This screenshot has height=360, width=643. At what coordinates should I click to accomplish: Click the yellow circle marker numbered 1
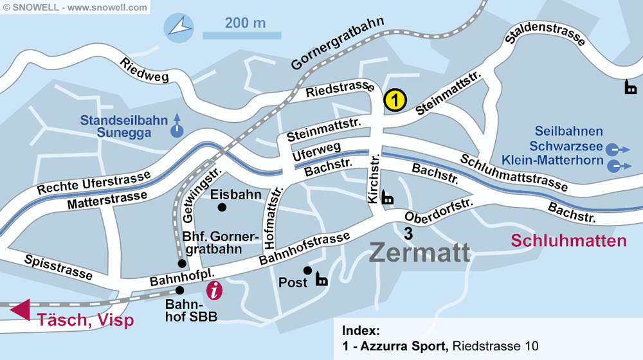click(x=395, y=100)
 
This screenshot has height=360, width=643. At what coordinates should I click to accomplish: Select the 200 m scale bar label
click(x=245, y=23)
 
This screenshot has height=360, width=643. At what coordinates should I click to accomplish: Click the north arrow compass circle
click(x=179, y=27)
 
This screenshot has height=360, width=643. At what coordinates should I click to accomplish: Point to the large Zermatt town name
click(x=419, y=253)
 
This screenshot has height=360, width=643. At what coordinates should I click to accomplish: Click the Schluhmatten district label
click(x=568, y=241)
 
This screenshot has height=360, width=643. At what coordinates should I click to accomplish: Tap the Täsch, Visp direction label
click(x=85, y=320)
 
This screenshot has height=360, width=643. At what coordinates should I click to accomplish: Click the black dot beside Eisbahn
click(x=222, y=207)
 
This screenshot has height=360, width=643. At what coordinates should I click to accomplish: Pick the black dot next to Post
click(x=308, y=270)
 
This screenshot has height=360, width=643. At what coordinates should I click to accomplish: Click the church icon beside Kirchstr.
click(x=388, y=197)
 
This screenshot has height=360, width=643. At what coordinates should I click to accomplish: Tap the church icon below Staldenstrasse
click(x=631, y=87)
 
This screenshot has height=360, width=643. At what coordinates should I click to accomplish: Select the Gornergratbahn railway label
click(x=337, y=44)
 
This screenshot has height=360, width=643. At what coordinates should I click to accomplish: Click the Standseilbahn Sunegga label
click(x=124, y=127)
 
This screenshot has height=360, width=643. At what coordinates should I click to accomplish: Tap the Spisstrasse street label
click(x=59, y=267)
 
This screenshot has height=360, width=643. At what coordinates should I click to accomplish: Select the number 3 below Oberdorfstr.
click(x=408, y=233)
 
